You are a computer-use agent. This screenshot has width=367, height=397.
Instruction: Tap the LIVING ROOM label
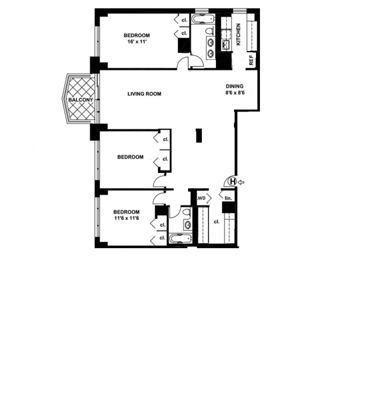(x=144, y=94)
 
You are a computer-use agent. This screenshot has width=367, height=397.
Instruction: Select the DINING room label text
(x=235, y=86)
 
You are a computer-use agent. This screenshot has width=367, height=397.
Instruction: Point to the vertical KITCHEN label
(x=239, y=35)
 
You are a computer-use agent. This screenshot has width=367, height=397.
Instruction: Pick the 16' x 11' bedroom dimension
(x=136, y=42)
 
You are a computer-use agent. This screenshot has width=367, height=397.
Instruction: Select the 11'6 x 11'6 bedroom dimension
(x=126, y=218)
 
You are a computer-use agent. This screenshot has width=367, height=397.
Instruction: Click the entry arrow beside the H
(x=241, y=182)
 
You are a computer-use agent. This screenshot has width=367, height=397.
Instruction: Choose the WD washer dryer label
(x=202, y=198)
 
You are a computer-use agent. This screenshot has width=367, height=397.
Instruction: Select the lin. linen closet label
(x=228, y=198)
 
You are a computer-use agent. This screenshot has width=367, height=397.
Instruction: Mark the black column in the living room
(x=199, y=136)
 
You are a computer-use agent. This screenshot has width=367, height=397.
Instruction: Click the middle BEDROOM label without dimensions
(x=130, y=157)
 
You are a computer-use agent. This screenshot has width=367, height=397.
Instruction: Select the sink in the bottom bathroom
(x=187, y=226)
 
